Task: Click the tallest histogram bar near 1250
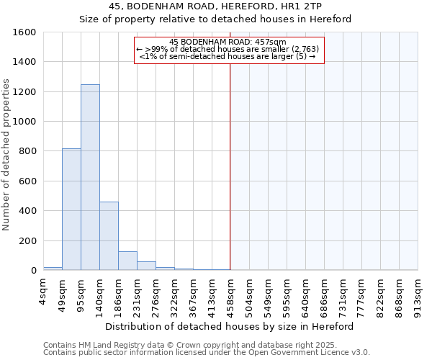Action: (x=90, y=177)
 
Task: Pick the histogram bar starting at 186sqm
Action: (x=127, y=261)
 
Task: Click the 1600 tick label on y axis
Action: (x=24, y=32)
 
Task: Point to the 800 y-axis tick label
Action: (x=27, y=151)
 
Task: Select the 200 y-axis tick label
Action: (x=27, y=240)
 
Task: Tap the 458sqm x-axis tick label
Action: (x=230, y=294)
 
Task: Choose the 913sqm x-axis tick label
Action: (x=418, y=294)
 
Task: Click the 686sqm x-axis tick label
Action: (x=324, y=294)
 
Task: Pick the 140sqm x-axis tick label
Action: (x=99, y=294)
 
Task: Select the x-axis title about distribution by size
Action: (x=230, y=326)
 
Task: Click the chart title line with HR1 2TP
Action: (x=215, y=6)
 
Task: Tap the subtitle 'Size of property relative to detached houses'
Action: (x=215, y=19)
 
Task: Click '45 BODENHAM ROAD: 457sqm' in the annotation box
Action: (x=228, y=42)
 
